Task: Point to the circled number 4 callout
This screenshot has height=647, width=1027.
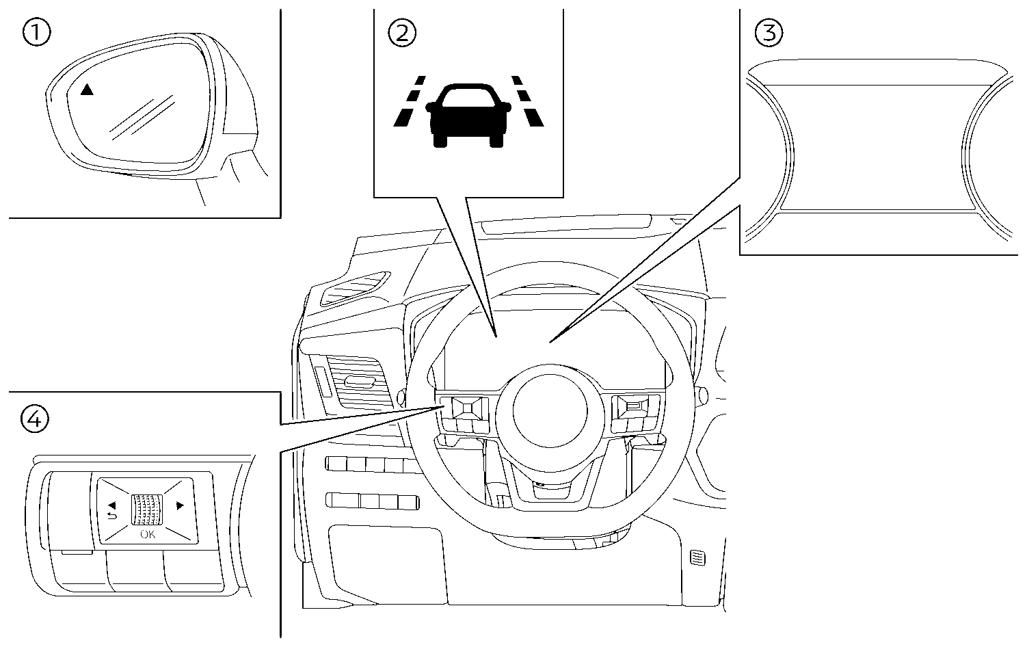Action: point(36,419)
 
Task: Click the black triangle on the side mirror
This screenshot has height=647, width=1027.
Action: point(86,90)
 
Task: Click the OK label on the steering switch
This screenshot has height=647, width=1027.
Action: point(148,534)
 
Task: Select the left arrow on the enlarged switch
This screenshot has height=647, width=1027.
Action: point(110,505)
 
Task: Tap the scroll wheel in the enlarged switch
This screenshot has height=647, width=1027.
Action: point(147,510)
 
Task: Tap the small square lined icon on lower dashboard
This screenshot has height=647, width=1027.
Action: point(697,558)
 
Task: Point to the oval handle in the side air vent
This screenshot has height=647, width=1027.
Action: point(358,381)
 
